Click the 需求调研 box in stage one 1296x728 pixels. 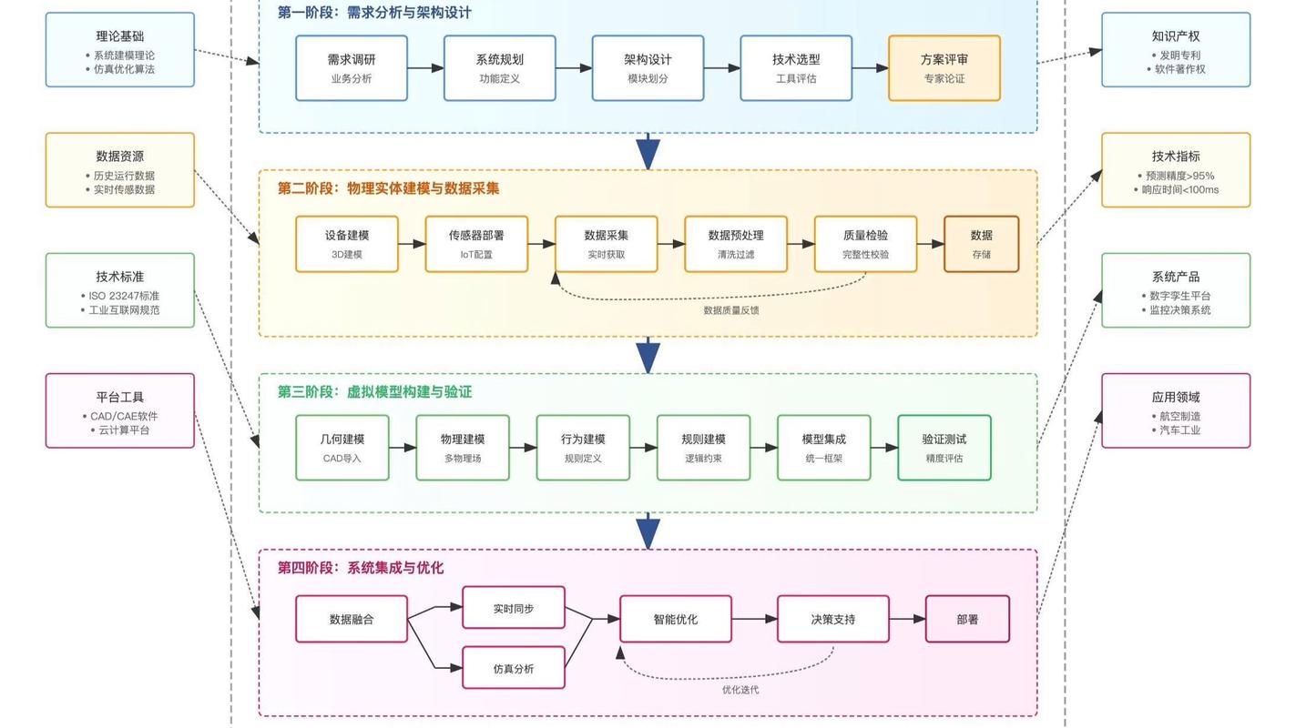pos(351,68)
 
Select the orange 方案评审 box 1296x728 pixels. pos(944,68)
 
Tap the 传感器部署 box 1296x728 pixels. pos(475,244)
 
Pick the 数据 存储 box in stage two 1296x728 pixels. pos(981,244)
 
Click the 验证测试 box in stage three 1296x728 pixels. pos(944,448)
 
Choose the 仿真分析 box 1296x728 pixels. pos(514,669)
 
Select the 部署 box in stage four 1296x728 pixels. pos(967,619)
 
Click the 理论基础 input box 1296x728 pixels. pos(120,50)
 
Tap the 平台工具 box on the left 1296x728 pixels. pos(120,410)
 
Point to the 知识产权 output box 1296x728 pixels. pos(1175,50)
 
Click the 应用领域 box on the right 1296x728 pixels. pos(1175,410)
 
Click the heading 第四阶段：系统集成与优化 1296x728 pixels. pos(361,568)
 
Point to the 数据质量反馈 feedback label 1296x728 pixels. pos(730,310)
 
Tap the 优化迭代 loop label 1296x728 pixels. pos(740,690)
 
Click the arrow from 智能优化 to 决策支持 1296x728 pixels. pos(754,619)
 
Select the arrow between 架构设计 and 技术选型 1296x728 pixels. pos(721,68)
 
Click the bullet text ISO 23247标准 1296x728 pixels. pos(124,296)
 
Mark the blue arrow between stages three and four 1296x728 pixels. pos(648,531)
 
